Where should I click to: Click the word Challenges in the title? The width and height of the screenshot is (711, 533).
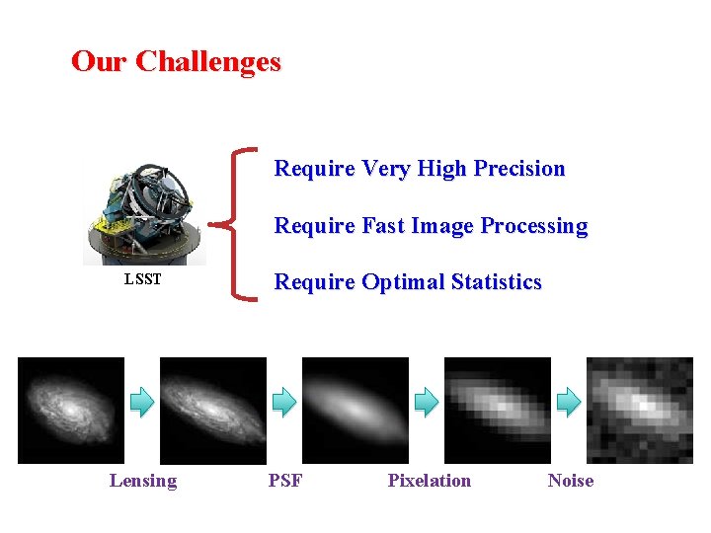[x=208, y=62]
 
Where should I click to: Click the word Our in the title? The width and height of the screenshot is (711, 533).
[x=100, y=62]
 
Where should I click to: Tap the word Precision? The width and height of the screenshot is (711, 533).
[x=519, y=169]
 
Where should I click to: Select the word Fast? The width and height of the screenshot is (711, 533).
[x=384, y=226]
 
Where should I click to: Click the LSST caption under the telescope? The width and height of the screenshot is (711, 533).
[x=142, y=280]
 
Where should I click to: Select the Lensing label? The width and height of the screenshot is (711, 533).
[x=143, y=481]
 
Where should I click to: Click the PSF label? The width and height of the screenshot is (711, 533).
[x=285, y=481]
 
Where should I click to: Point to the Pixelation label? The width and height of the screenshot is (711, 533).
[x=430, y=481]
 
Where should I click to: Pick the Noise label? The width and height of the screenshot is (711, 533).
[x=571, y=481]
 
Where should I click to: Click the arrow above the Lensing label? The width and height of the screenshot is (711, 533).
[x=143, y=401]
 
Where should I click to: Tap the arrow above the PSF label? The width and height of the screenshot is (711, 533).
[x=284, y=401]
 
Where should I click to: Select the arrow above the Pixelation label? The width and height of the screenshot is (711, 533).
[x=427, y=401]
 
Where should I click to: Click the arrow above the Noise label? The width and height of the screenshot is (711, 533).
[x=569, y=401]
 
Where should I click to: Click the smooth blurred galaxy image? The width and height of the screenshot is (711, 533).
[x=355, y=410]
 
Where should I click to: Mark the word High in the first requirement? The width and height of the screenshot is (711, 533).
[x=442, y=169]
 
